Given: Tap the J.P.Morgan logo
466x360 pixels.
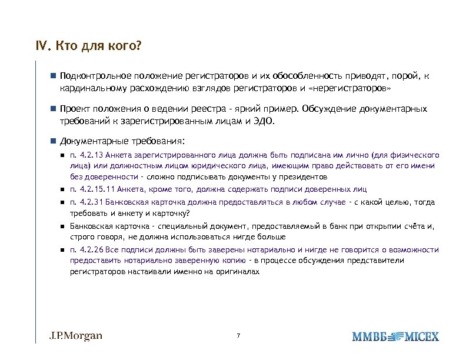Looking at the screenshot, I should point(75,336).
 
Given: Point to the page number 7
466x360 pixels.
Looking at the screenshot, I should point(238,336).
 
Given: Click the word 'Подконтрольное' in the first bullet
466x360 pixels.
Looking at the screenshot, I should point(94,76).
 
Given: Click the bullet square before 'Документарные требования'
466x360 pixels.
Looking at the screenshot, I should point(52,141).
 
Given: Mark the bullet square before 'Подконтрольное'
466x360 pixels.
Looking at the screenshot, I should point(52,76).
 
